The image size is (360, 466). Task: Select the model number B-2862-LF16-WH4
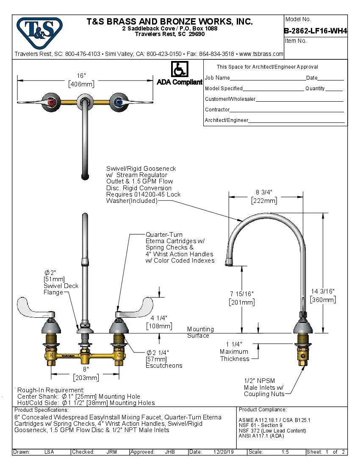pyautogui.click(x=316, y=31)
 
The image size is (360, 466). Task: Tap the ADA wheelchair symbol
pyautogui.click(x=180, y=69)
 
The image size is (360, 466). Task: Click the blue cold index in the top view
pyautogui.click(x=118, y=102)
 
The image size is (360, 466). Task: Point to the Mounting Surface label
pyautogui.click(x=200, y=332)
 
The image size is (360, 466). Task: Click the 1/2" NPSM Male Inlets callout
pyautogui.click(x=263, y=387)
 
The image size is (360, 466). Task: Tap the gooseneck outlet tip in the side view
pyautogui.click(x=229, y=262)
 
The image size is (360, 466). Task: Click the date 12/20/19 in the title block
pyautogui.click(x=223, y=452)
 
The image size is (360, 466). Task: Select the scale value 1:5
pyautogui.click(x=285, y=452)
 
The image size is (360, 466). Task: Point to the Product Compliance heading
pyautogui.click(x=263, y=410)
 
